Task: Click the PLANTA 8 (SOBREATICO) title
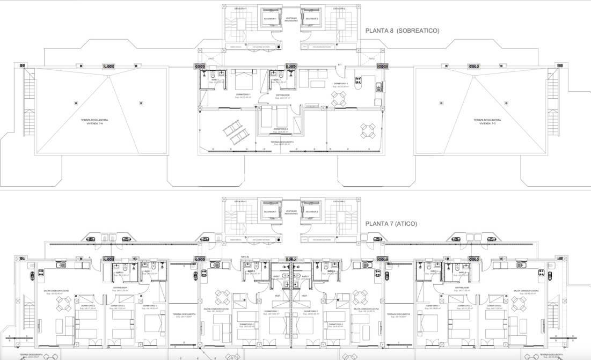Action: pyautogui.click(x=402, y=31)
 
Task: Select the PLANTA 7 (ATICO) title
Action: pyautogui.click(x=391, y=224)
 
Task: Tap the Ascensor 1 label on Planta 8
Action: pyautogui.click(x=269, y=19)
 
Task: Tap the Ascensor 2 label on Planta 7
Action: pyautogui.click(x=311, y=211)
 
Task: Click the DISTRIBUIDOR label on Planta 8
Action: pyautogui.click(x=283, y=95)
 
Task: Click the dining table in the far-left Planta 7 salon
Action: pyautogui.click(x=64, y=304)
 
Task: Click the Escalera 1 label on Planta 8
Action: pyautogui.click(x=240, y=9)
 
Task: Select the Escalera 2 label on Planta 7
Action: pyautogui.click(x=338, y=202)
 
